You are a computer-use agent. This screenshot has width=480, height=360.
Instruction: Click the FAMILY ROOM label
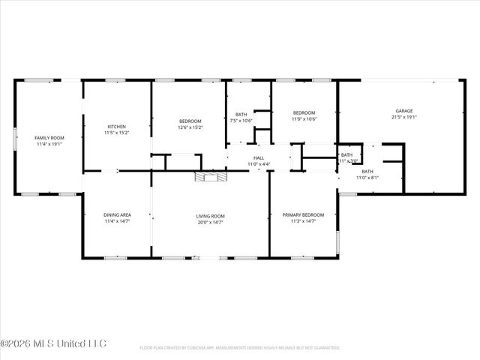tap(49, 138)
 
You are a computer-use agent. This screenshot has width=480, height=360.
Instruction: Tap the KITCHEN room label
tap(116, 127)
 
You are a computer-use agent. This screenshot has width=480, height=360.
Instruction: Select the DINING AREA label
tap(116, 215)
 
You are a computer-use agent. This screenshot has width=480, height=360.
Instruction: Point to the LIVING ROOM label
tap(211, 216)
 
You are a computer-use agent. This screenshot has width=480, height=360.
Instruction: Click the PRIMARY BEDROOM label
tap(303, 215)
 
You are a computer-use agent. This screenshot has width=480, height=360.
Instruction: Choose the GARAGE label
tap(404, 111)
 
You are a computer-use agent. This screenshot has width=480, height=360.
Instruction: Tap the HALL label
tap(258, 157)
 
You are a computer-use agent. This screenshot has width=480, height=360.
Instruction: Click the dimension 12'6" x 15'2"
tap(190, 127)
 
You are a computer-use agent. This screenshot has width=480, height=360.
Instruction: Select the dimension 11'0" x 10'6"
tap(304, 118)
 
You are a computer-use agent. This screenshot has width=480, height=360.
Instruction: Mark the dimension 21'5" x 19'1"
tap(404, 117)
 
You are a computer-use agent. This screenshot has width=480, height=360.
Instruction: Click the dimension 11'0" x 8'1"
tap(367, 177)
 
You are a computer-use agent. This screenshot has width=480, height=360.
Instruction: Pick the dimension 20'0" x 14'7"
tap(211, 222)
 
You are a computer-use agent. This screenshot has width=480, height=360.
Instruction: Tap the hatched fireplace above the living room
tap(209, 176)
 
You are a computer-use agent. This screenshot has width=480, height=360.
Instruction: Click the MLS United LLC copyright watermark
tap(54, 343)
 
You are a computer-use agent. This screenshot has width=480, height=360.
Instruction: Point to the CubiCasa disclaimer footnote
tap(240, 348)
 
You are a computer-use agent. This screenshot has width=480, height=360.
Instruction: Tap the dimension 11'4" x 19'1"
tap(49, 144)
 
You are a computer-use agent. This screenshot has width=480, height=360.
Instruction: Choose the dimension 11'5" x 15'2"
tap(116, 133)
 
